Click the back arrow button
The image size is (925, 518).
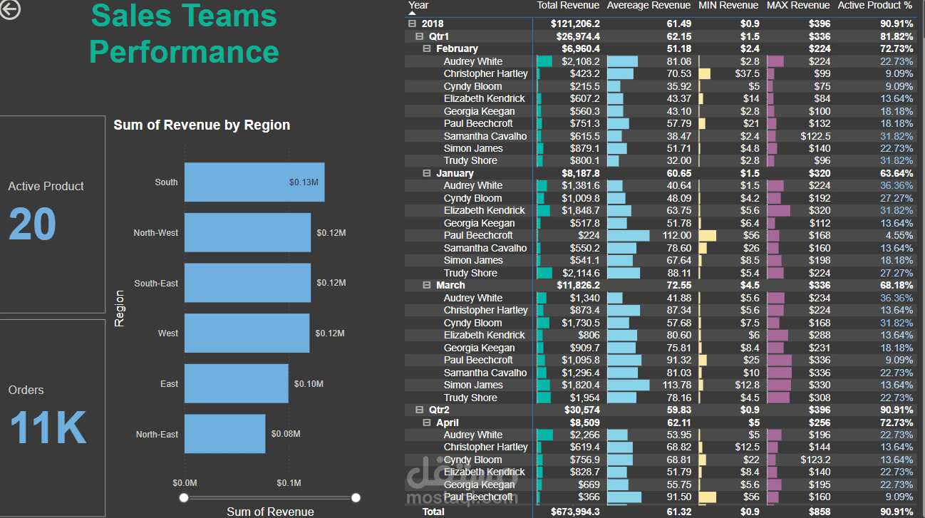[10, 9]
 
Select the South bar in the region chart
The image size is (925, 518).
[254, 182]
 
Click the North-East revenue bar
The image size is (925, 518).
[224, 434]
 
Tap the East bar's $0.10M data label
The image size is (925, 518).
[309, 384]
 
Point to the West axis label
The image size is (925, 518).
[168, 333]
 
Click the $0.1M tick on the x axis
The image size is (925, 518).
[289, 483]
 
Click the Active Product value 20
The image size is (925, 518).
[32, 225]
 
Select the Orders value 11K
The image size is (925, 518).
[48, 428]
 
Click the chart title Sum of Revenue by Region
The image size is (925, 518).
[202, 125]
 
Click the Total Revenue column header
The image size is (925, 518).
[568, 6]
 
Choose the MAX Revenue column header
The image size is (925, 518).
[798, 6]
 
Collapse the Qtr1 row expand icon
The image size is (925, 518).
[420, 36]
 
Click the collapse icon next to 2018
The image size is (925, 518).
[412, 24]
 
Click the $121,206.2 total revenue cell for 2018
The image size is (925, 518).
[575, 24]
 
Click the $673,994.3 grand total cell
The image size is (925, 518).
[575, 512]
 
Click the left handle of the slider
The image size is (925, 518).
[184, 497]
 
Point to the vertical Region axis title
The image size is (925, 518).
[120, 308]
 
